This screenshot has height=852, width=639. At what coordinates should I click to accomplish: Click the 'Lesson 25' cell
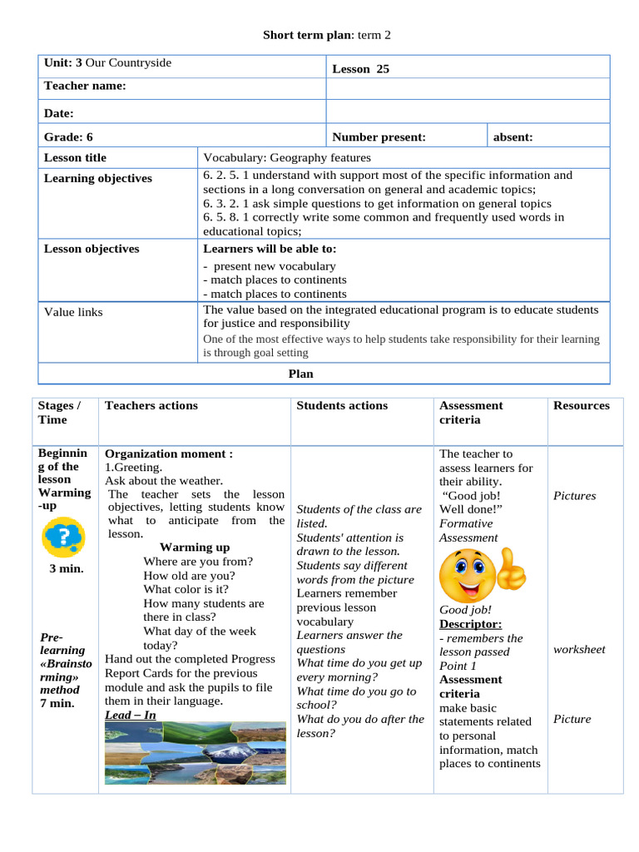point(360,69)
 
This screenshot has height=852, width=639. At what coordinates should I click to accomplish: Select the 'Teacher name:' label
point(85,86)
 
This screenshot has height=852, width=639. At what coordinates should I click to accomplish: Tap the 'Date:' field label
point(59,113)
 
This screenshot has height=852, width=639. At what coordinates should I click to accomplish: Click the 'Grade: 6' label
point(68,136)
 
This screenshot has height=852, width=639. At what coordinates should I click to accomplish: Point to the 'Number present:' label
point(379,136)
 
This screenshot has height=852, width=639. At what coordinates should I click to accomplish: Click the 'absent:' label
point(513,136)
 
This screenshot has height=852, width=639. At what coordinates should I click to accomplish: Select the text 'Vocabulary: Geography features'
point(287,157)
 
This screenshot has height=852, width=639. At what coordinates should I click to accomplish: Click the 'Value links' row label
point(73,312)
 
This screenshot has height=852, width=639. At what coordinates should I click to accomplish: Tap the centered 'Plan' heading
point(300,374)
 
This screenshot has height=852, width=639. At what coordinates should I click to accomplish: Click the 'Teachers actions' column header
point(151,405)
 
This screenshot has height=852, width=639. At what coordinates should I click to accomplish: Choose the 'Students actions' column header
point(342,405)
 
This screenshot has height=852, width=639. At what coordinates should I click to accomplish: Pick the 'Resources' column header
point(582,405)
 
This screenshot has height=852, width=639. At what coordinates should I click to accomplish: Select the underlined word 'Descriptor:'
point(470,624)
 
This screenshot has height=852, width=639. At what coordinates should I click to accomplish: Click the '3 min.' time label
point(66,569)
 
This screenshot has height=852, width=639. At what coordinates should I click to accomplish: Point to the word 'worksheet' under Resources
point(579,649)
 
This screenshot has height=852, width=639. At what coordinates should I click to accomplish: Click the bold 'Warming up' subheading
point(195,547)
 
